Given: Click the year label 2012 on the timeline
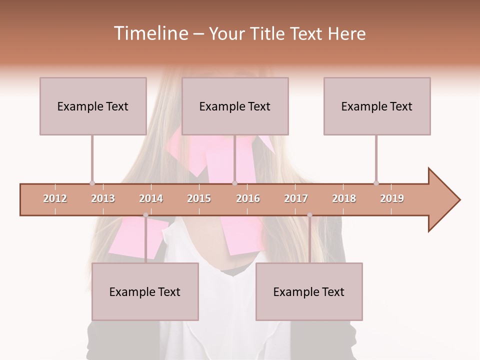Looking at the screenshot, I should [x=55, y=198].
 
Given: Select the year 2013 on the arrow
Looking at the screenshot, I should [x=103, y=198].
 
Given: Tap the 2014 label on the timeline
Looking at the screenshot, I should [x=151, y=198].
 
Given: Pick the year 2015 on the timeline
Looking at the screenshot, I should [x=199, y=198].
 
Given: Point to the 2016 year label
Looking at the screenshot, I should [x=248, y=198].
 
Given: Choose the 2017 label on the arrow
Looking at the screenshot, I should [x=296, y=198].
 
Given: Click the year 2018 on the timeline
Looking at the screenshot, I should [x=344, y=198].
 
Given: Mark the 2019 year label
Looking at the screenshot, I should [x=392, y=198].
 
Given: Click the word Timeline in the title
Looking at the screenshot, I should [x=150, y=33].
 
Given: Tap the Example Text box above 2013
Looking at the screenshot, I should [x=93, y=106].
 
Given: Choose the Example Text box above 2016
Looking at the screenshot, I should [x=235, y=106].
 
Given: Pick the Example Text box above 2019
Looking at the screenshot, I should [x=377, y=106].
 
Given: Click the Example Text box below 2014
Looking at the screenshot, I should [x=145, y=291].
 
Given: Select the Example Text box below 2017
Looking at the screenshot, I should [x=309, y=291].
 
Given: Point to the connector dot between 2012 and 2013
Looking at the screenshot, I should [x=92, y=183].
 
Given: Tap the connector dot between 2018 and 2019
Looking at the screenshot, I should [x=376, y=183].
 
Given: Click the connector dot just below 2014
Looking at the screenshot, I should [x=145, y=215].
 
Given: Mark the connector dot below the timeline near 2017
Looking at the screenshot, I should [x=309, y=215].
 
